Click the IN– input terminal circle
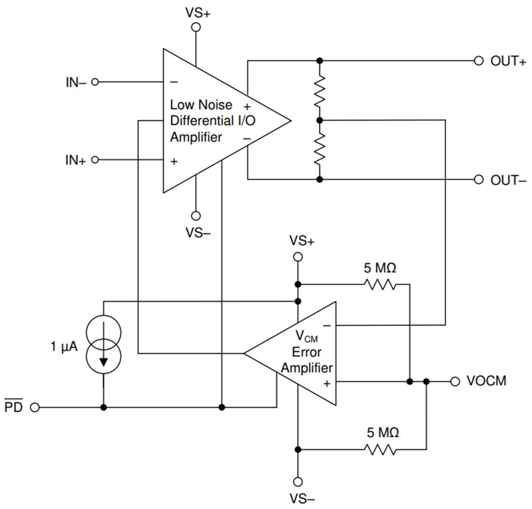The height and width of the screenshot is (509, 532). pos(95,82)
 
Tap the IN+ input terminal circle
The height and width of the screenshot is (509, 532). pos(95,160)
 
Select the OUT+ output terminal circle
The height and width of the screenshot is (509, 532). pos(478,61)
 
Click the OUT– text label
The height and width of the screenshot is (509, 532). pos(508,180)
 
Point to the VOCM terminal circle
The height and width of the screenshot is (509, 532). pos(455,382)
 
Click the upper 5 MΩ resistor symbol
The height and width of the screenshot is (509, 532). pos(381,284)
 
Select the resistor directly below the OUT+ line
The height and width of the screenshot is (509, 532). pos(319,90)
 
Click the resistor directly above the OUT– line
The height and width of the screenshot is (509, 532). pos(319,150)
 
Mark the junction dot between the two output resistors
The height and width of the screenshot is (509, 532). pos(319,120)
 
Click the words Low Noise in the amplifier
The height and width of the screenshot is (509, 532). pos(201,105)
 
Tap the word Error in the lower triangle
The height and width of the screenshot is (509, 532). pos(307,352)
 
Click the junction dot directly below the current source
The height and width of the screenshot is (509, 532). pos(103,407)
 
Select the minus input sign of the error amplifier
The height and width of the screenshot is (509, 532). pos(327,326)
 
